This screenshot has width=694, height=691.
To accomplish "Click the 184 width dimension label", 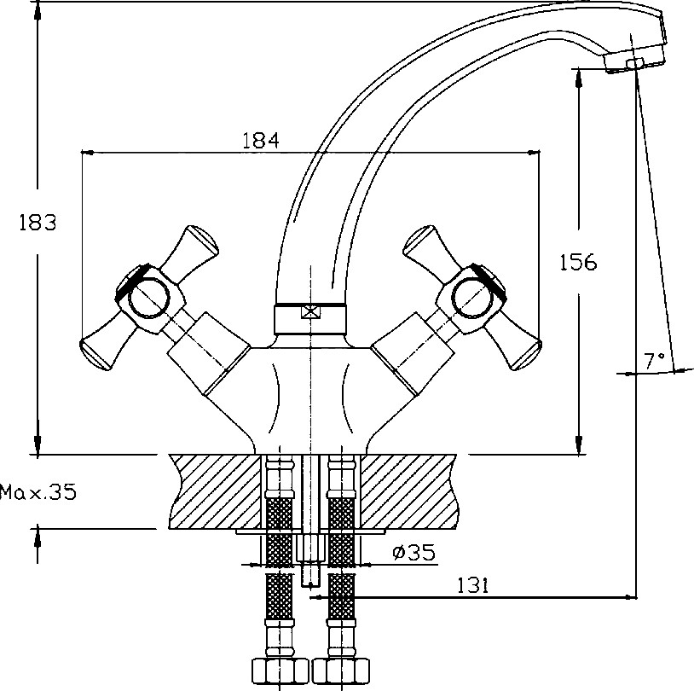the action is (x=261, y=141).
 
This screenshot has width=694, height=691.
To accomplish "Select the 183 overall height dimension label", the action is (x=38, y=223).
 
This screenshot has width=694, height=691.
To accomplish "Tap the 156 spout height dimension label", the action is (x=578, y=262).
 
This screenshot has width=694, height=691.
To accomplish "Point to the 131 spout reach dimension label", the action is (x=472, y=585).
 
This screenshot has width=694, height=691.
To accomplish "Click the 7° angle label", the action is (x=654, y=361).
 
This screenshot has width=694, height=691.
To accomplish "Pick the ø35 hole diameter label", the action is (x=414, y=552).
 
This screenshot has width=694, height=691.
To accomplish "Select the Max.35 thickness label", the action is (x=38, y=492).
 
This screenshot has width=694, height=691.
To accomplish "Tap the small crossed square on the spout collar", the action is (x=309, y=312).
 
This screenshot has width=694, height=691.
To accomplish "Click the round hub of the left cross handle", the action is (x=148, y=298).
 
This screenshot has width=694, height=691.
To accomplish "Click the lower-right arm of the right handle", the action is (x=514, y=348).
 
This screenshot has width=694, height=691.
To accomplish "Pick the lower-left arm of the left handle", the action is (x=107, y=348).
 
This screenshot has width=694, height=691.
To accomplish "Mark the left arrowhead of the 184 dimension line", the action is (x=88, y=153).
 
